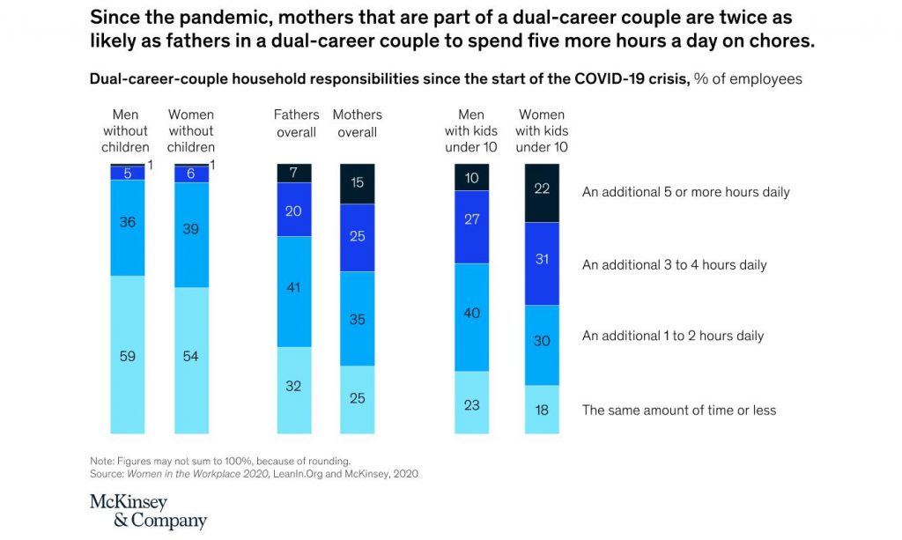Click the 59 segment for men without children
coord(128,355)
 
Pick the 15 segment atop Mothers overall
coord(358,183)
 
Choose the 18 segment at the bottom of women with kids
coord(542,410)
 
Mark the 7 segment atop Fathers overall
coord(294,173)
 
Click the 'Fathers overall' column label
coord(296,123)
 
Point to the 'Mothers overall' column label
coord(358,123)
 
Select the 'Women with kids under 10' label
coord(542,130)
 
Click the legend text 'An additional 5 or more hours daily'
coord(685,192)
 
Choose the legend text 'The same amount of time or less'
coord(678,410)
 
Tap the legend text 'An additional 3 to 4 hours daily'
coord(674,264)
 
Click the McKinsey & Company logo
coord(148,511)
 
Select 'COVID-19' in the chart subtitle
coord(608,78)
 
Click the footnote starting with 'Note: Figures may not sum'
coord(220,461)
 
